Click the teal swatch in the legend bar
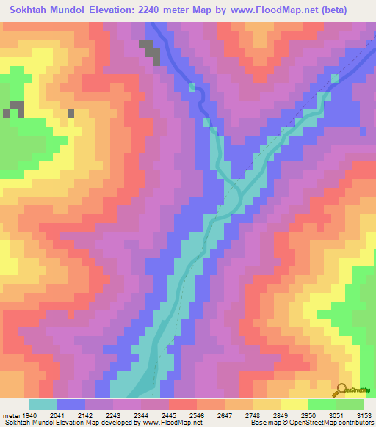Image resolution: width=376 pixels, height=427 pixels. [43, 404]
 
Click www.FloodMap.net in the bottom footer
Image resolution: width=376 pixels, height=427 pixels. [170, 422]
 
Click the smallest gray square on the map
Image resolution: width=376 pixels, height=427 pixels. [71, 114]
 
